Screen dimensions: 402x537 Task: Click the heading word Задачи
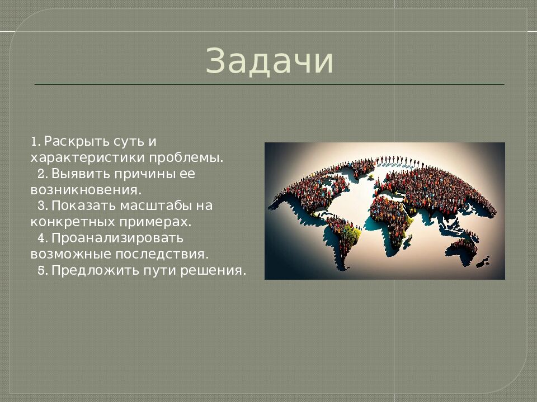point(270,61)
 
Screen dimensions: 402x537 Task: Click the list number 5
point(42,271)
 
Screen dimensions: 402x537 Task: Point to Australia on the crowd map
point(464,246)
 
